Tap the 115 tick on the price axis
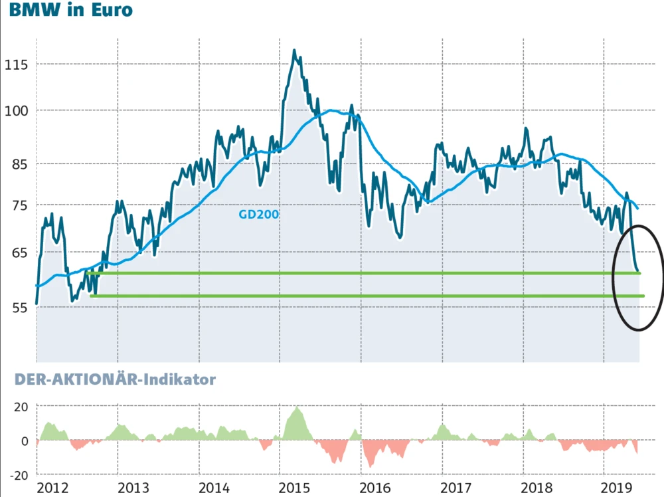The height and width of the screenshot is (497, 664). [16, 64]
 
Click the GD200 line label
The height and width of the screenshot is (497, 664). [259, 215]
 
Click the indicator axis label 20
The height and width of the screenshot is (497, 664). [21, 407]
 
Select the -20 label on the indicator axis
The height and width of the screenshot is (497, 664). [18, 475]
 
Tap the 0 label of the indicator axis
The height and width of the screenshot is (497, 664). [25, 441]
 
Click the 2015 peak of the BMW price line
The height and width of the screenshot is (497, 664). [294, 50]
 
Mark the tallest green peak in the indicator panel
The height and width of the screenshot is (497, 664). [297, 408]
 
